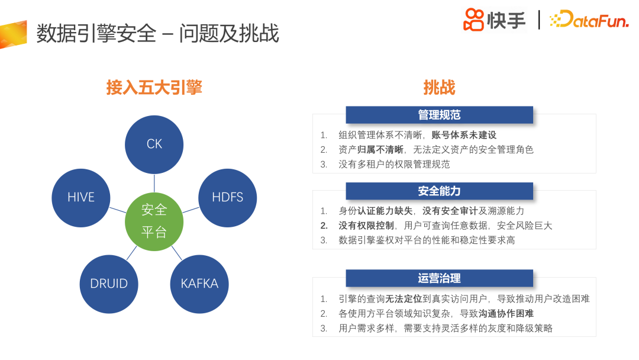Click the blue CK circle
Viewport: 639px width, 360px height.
click(x=154, y=144)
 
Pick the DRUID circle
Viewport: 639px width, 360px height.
click(x=109, y=284)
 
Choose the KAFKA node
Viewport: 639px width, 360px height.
click(x=199, y=284)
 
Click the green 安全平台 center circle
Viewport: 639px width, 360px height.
click(x=154, y=221)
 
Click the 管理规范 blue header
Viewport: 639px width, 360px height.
click(x=439, y=115)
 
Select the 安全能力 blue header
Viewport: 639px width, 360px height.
click(x=439, y=191)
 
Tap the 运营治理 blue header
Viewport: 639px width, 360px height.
click(x=439, y=278)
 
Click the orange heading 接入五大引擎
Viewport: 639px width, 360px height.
click(x=154, y=88)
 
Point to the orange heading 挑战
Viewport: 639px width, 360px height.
click(x=439, y=88)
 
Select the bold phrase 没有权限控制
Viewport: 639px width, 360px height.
click(x=366, y=226)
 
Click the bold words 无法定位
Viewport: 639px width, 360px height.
click(x=404, y=299)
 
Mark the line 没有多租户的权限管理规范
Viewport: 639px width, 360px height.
click(x=394, y=164)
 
